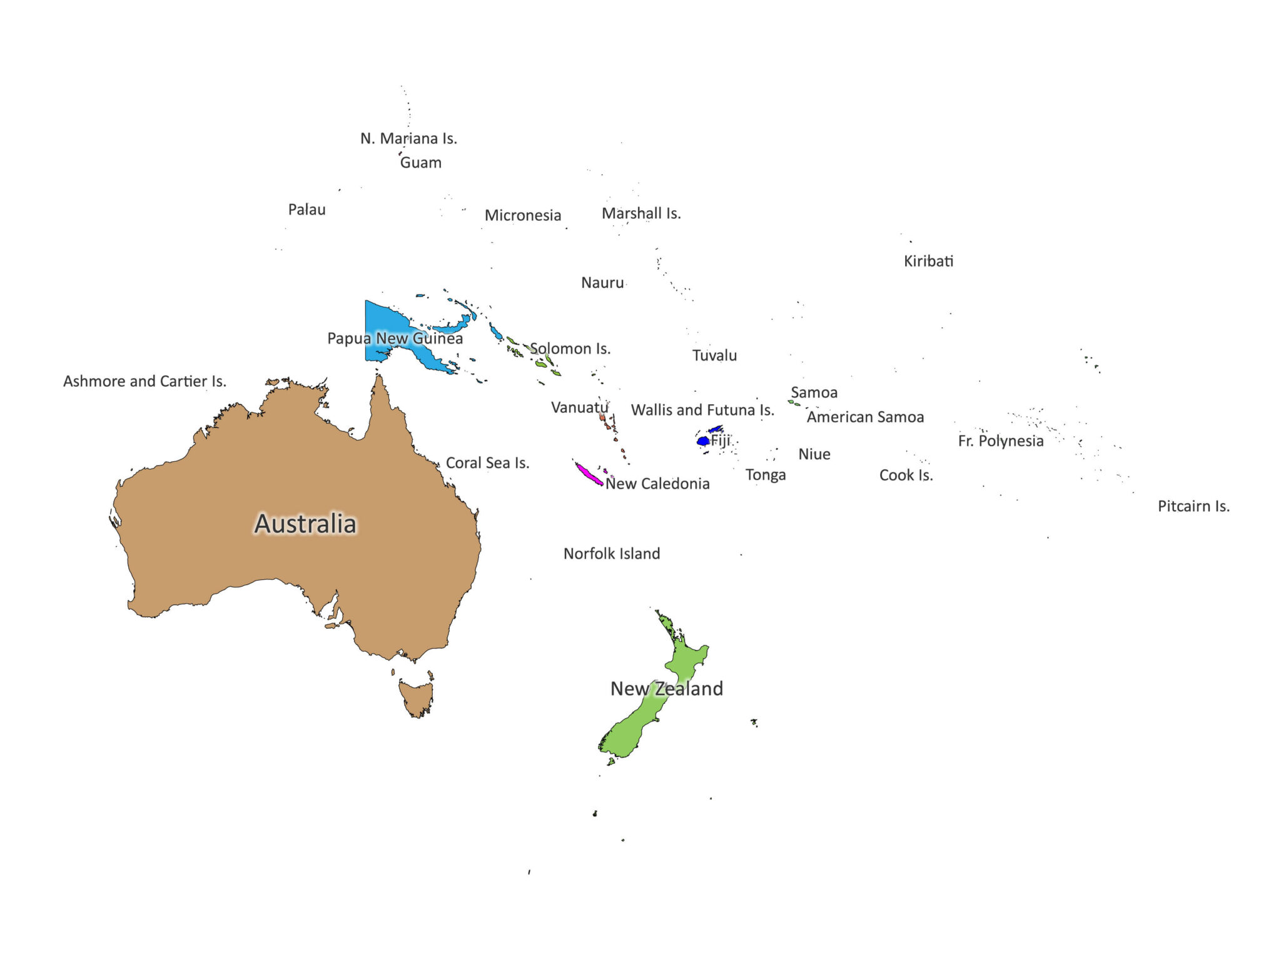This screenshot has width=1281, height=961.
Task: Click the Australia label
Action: click(305, 524)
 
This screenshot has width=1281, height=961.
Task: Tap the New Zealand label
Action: click(666, 688)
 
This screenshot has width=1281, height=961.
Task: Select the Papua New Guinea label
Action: click(395, 338)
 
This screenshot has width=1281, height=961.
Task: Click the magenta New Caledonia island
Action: click(589, 474)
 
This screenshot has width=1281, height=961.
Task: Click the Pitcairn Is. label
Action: click(1193, 506)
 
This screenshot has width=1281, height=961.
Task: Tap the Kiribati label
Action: click(928, 261)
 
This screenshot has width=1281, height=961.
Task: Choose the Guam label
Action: click(420, 163)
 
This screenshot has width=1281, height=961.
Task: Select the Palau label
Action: click(306, 210)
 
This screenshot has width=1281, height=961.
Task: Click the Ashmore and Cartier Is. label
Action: click(144, 381)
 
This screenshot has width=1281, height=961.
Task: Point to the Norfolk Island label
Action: click(611, 554)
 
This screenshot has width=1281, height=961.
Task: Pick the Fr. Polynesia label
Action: click(1000, 441)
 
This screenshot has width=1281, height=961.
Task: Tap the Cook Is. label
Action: click(906, 475)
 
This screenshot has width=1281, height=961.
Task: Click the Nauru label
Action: click(602, 283)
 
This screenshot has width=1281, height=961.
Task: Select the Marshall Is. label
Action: click(641, 213)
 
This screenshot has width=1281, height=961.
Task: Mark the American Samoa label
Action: click(865, 417)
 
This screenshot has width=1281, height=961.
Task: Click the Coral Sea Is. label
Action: click(487, 463)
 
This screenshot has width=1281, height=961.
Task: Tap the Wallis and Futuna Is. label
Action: click(702, 410)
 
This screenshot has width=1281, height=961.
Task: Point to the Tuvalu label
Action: click(714, 355)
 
